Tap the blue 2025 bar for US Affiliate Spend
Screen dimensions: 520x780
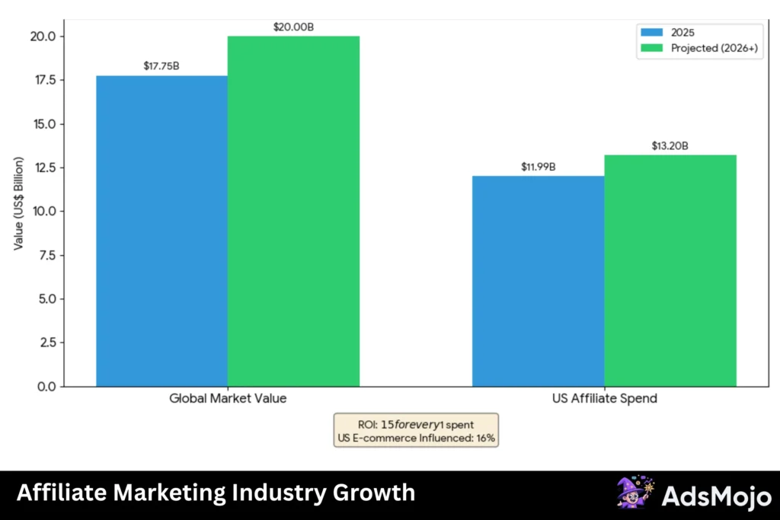[x=538, y=281]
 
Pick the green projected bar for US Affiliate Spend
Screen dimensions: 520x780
[x=670, y=270]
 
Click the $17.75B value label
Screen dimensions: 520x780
[x=161, y=66]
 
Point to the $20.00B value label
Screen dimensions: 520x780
[x=293, y=27]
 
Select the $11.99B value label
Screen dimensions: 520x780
[x=538, y=167]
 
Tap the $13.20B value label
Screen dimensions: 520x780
[x=670, y=145]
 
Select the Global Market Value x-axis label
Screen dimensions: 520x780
[x=228, y=399]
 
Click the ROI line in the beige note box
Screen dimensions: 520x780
[x=416, y=423]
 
